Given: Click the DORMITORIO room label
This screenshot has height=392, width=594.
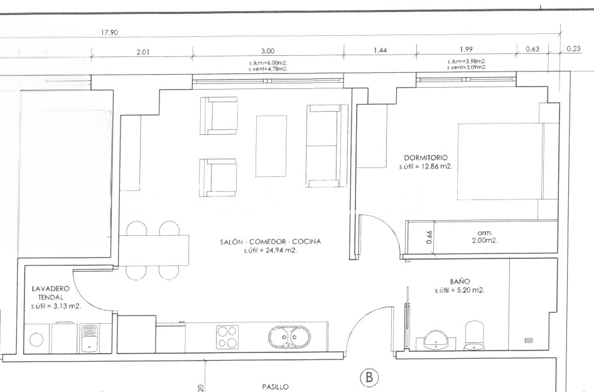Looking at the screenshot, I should click(425, 157).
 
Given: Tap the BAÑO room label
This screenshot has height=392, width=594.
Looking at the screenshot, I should click(460, 282).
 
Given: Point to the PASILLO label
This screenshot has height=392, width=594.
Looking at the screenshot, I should click(276, 387).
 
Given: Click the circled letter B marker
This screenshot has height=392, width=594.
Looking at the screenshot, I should click(369, 377).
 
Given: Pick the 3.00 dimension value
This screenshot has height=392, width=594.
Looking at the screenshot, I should click(268, 51).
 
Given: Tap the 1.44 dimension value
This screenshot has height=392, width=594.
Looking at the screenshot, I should click(379, 51).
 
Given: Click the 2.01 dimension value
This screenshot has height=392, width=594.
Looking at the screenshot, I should click(143, 51).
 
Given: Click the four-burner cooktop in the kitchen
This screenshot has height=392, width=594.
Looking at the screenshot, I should click(227, 337).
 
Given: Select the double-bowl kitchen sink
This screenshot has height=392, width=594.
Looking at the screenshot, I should click(288, 338).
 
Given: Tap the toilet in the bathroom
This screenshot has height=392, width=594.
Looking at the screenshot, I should click(474, 336).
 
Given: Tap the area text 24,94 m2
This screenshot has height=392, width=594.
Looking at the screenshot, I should click(271, 250).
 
